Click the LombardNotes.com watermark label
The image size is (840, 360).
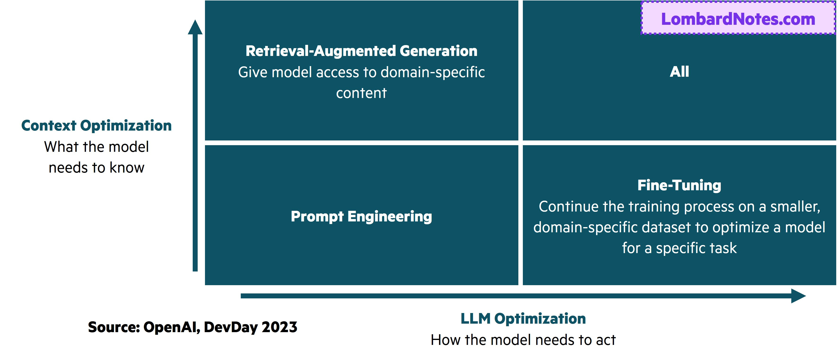pyautogui.click(x=738, y=19)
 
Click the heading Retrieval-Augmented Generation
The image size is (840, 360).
pyautogui.click(x=361, y=51)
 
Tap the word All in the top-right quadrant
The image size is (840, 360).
pyautogui.click(x=679, y=72)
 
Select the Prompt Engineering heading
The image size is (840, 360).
pyautogui.click(x=361, y=216)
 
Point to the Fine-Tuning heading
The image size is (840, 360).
pyautogui.click(x=679, y=185)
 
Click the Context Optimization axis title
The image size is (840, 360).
pyautogui.click(x=97, y=126)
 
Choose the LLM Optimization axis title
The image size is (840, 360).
pyautogui.click(x=523, y=319)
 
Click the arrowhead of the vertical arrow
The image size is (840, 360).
pyautogui.click(x=195, y=27)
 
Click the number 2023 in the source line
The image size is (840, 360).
pyautogui.click(x=279, y=327)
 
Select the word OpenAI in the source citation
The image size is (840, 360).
pyautogui.click(x=171, y=327)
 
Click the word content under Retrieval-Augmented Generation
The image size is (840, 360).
pyautogui.click(x=361, y=93)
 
